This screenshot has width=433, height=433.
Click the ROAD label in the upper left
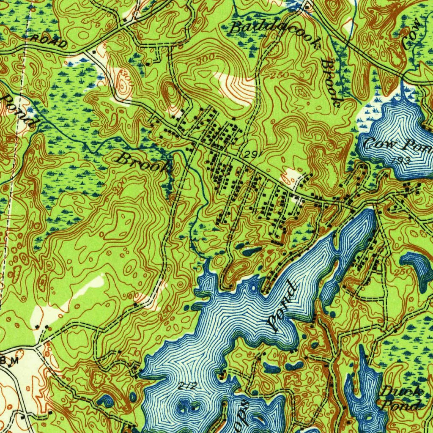(x=49, y=41)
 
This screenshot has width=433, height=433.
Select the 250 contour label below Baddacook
(x=280, y=75)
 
